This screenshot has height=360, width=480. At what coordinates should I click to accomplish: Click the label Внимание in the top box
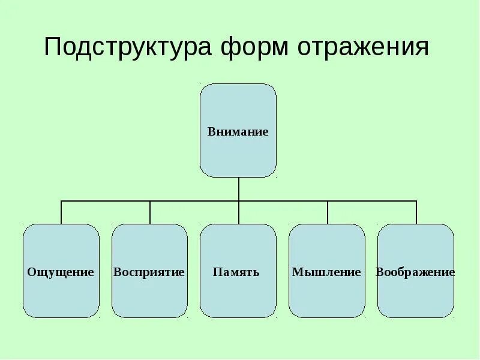click(x=238, y=131)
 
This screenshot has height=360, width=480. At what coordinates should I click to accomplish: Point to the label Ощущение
click(x=61, y=272)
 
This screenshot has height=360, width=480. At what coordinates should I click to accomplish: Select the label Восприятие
click(x=149, y=272)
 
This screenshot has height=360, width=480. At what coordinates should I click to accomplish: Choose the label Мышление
click(x=326, y=272)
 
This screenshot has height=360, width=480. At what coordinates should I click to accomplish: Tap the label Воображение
click(x=415, y=272)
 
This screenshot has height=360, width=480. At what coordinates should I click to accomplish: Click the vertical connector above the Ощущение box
click(x=61, y=213)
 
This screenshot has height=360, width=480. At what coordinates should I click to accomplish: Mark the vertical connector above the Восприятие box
click(x=150, y=213)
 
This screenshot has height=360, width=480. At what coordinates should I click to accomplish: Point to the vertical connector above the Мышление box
click(x=328, y=213)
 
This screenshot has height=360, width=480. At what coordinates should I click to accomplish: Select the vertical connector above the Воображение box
click(x=416, y=213)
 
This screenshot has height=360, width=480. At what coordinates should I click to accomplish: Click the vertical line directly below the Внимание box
click(x=239, y=189)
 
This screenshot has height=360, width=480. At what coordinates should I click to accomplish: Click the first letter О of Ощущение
click(x=31, y=272)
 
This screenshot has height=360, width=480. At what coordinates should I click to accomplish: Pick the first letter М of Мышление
click(x=296, y=272)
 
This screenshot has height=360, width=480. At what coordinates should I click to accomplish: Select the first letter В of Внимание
click(x=212, y=131)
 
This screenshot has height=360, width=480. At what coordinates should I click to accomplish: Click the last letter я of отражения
click(x=422, y=49)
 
